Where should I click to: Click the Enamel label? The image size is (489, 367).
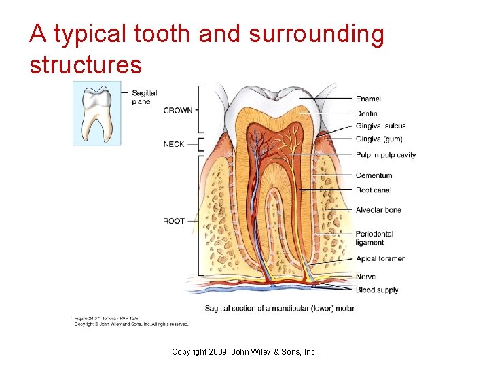368,99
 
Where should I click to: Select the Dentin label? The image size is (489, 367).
367,113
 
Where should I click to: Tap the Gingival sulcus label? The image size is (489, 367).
380,126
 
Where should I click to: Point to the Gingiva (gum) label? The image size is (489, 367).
379,139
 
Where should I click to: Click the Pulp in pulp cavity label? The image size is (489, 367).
386,155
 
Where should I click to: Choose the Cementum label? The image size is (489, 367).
374,175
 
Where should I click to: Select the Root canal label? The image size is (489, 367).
374,190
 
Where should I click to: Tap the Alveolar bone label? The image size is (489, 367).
378,210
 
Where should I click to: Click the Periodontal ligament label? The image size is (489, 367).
374,238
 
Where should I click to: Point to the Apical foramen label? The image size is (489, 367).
380,258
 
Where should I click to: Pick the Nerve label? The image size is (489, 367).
365,277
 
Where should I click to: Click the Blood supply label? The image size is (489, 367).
377,290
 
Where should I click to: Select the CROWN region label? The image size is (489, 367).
178,110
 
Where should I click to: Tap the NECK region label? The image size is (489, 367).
174,144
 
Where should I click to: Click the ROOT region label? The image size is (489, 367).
174,221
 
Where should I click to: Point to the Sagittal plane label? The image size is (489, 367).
144,97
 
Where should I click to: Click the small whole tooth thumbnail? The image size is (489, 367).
96,114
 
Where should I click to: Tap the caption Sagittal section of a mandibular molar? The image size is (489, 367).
279,309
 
